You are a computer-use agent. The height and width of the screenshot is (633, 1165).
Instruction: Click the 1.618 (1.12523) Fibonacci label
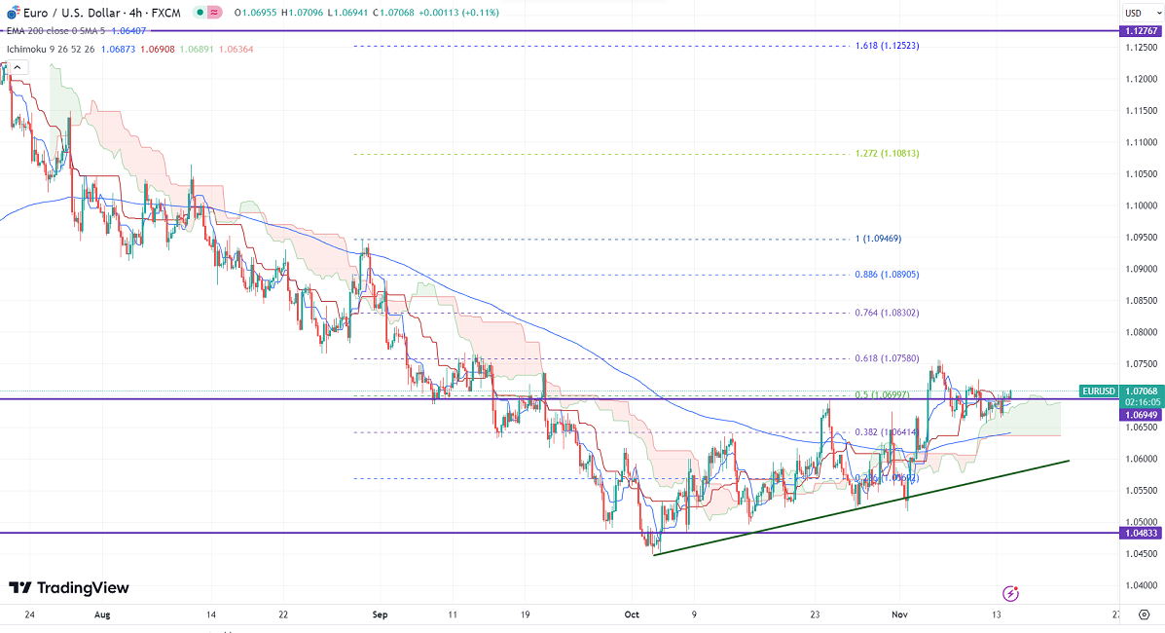pos(887,46)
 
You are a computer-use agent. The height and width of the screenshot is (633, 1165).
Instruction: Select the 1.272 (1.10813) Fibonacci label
pos(887,154)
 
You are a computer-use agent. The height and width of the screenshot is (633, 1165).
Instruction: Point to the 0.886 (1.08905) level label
pos(887,275)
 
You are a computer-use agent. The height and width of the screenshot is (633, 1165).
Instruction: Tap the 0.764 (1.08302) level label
pos(887,314)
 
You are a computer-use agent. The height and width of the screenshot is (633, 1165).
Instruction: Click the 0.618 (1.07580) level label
pos(887,358)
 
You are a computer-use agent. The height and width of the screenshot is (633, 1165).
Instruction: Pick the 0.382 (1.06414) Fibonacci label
pos(887,432)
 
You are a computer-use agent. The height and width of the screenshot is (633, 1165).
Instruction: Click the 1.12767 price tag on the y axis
pos(1140,31)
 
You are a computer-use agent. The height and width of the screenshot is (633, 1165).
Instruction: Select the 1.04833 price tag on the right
pos(1140,534)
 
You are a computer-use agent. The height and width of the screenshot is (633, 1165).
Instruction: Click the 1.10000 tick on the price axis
pos(1140,205)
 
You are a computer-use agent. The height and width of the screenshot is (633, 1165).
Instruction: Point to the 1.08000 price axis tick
pos(1140,332)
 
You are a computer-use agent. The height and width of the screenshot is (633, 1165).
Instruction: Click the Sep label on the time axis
pos(380,615)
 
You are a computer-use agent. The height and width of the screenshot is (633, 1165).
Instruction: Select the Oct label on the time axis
pos(632,615)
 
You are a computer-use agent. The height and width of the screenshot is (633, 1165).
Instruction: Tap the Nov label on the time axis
pos(899,615)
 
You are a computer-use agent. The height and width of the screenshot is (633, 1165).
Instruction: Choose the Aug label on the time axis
pos(103,615)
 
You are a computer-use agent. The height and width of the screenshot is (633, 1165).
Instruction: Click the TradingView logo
pos(69,588)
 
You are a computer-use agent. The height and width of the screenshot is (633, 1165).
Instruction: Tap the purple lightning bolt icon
pos(1011,593)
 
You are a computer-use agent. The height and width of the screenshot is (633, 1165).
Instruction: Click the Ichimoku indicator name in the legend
pos(25,48)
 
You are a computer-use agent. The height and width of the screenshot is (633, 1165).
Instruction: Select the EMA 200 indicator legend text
pos(39,32)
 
